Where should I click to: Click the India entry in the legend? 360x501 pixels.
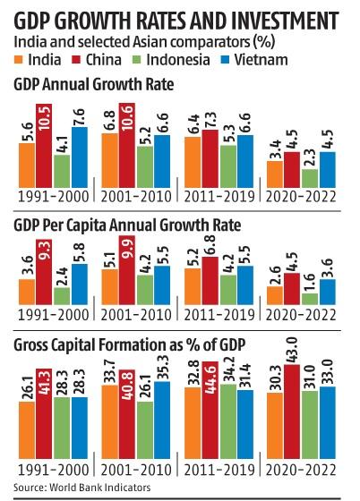(46, 59)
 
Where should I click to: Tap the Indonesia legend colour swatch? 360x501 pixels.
(146, 60)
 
